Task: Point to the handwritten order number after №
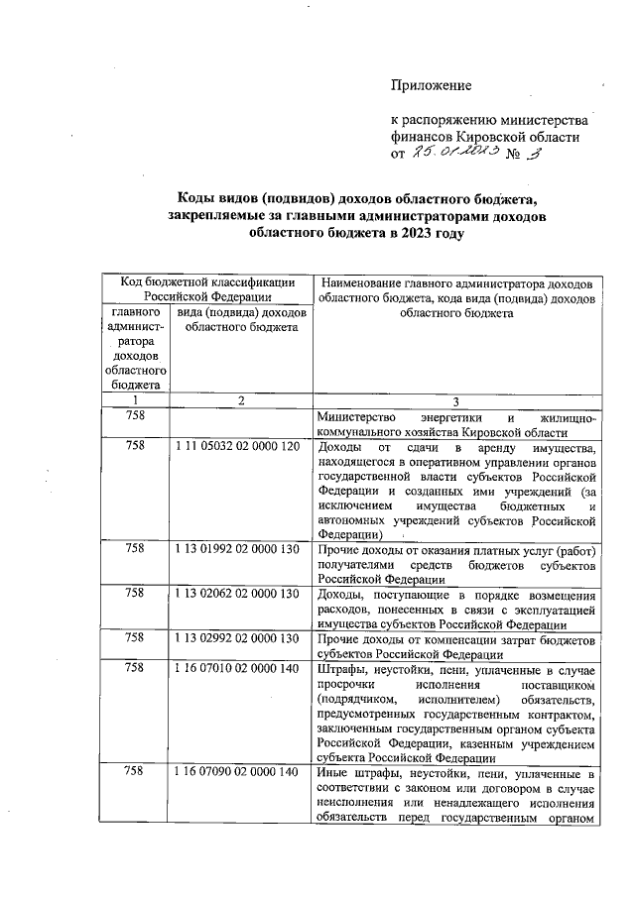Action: pos(534,154)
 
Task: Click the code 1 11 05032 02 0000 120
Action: pos(237,446)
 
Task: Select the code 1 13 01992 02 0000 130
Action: pos(237,547)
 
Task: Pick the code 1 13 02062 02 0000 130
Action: pos(237,594)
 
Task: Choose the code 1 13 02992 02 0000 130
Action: pos(237,639)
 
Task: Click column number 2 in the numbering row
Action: pos(240,400)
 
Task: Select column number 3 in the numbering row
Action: pos(455,401)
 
